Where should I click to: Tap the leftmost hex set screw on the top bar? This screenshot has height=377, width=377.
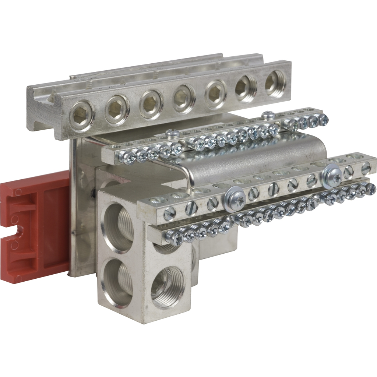tap(82, 116)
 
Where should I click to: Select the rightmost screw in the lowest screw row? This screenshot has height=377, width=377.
tap(370, 189)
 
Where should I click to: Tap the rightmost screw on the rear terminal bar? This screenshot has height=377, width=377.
tap(322, 119)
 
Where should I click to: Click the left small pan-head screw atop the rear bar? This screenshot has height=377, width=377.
tap(172, 133)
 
